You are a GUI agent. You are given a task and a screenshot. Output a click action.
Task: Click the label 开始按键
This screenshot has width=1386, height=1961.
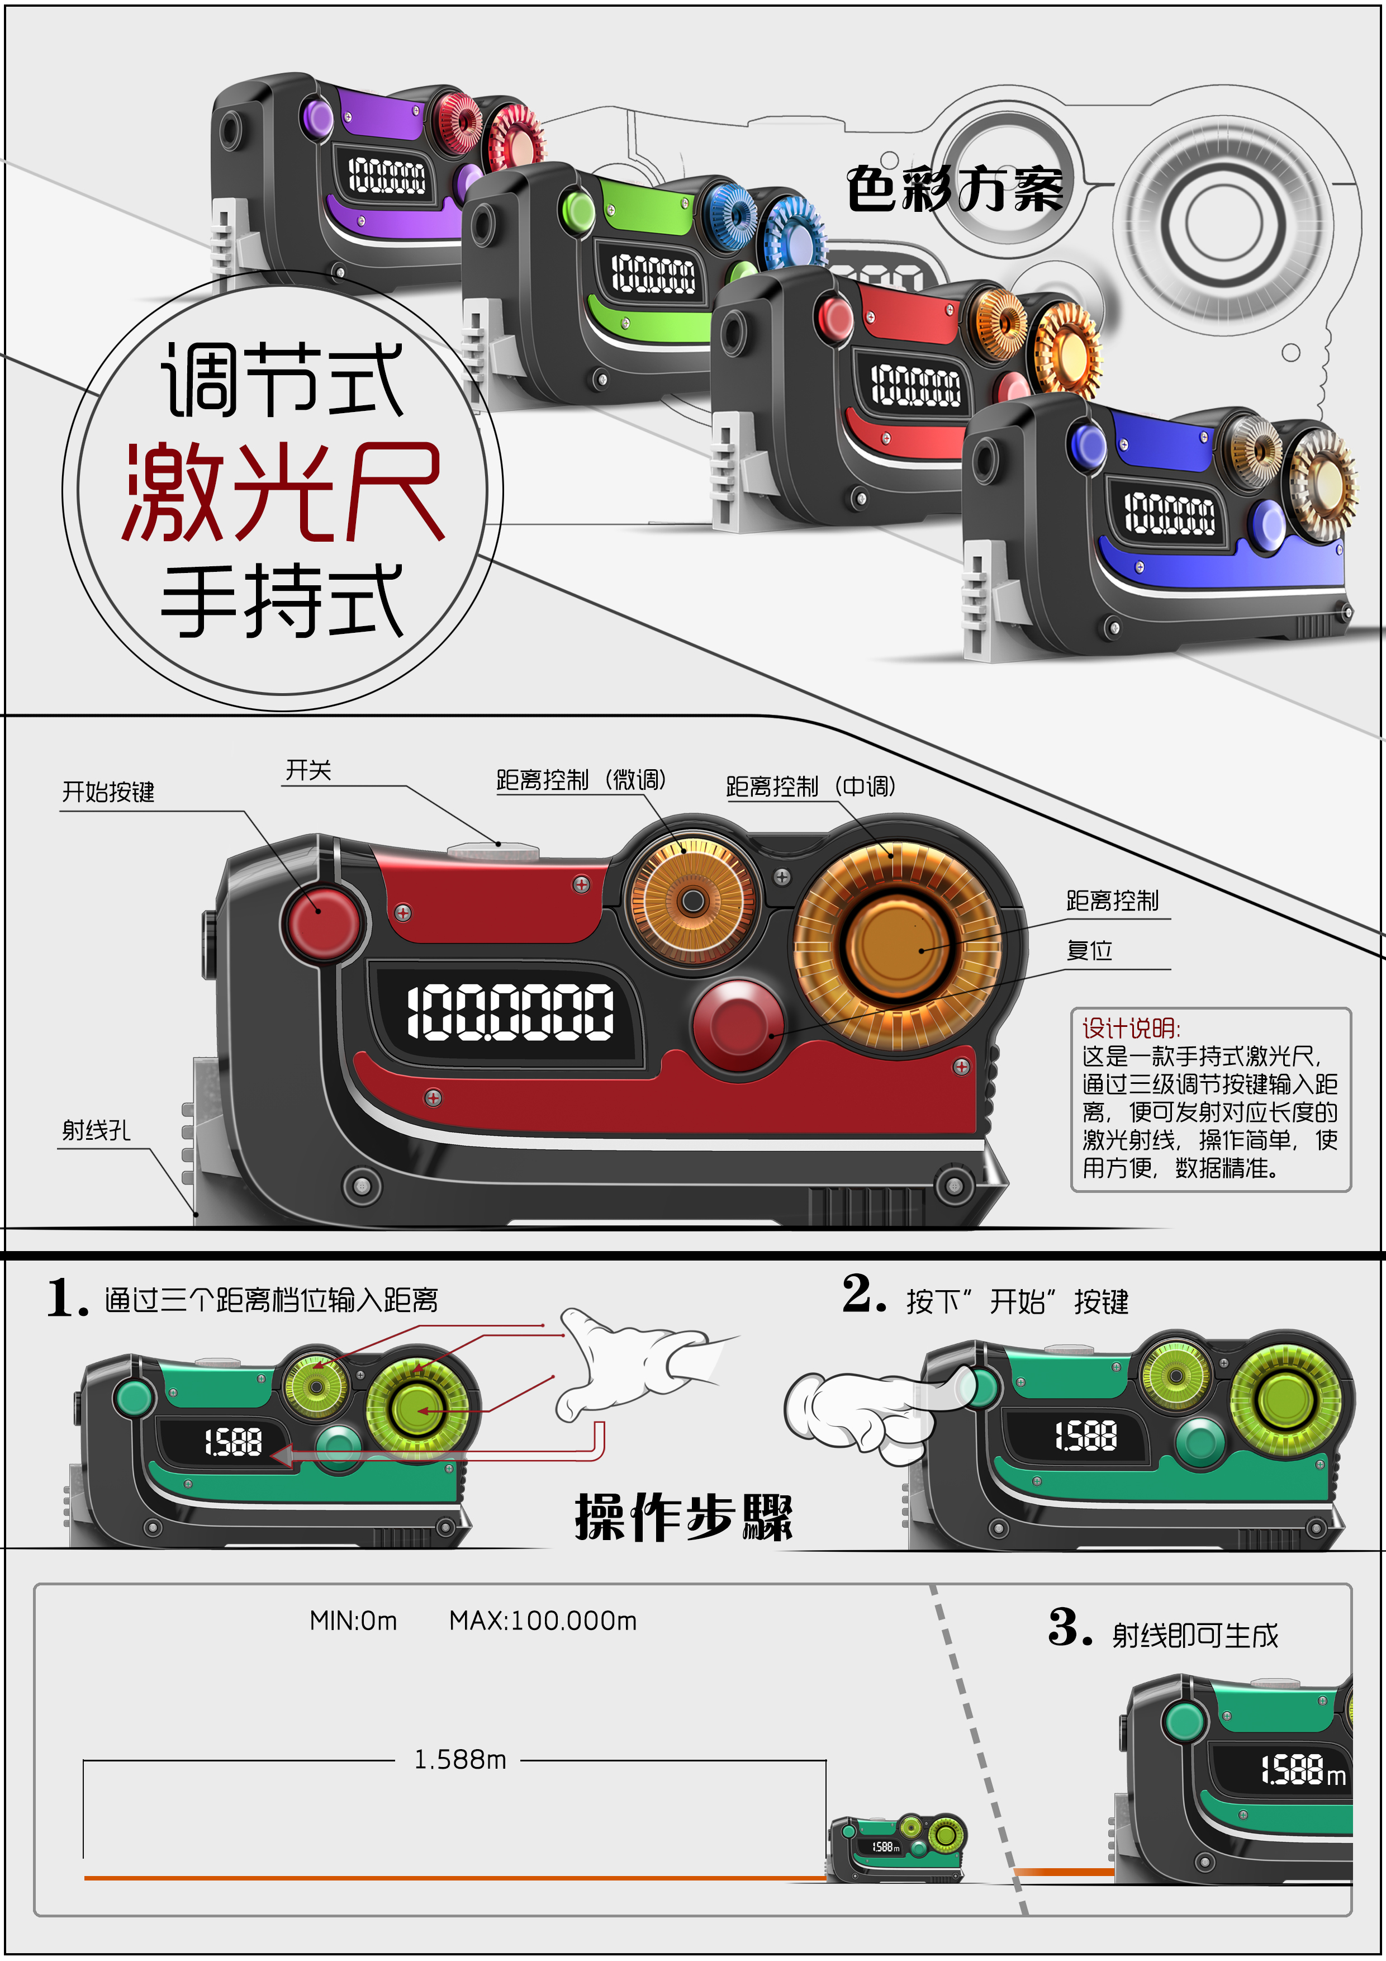[108, 792]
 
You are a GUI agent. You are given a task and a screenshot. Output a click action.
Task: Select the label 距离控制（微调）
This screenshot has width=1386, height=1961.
[581, 780]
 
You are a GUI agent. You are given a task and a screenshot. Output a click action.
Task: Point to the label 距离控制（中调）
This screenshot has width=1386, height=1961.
[810, 787]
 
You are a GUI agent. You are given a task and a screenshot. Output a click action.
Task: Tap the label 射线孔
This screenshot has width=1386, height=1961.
[96, 1131]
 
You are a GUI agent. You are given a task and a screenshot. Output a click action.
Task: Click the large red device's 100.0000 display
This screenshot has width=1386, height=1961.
[510, 1012]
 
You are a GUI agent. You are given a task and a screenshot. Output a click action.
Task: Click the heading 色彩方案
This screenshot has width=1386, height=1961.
[954, 189]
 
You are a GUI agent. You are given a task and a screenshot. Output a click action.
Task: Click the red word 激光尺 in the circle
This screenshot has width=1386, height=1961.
[282, 493]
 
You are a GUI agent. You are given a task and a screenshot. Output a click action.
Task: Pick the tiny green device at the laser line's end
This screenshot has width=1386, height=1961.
[896, 1848]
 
